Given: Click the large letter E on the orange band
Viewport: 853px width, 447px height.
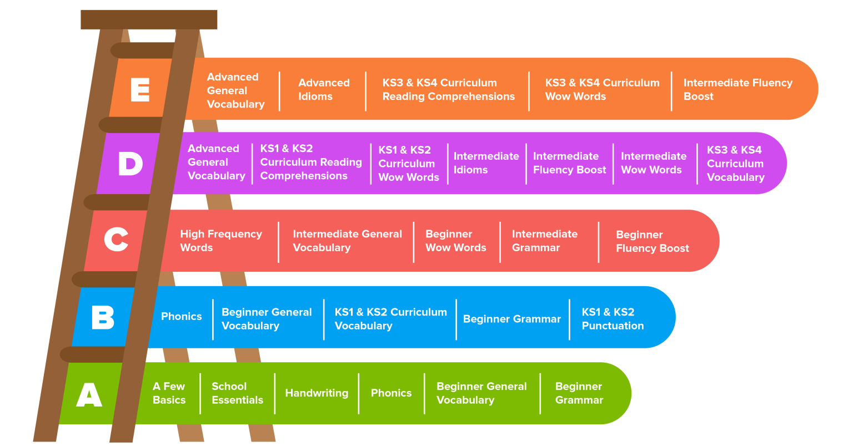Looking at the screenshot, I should pyautogui.click(x=140, y=90).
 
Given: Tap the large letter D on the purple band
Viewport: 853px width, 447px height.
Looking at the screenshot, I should pyautogui.click(x=131, y=164).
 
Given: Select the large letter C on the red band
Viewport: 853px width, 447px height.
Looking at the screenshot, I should pyautogui.click(x=116, y=241).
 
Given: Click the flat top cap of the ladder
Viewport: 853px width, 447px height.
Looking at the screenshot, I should pyautogui.click(x=149, y=19).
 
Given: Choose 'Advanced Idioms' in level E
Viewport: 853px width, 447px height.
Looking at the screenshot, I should pyautogui.click(x=324, y=90).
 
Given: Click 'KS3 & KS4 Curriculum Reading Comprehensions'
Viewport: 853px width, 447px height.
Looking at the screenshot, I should pyautogui.click(x=448, y=90).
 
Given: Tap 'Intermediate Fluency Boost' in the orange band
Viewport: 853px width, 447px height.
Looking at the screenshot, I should pyautogui.click(x=737, y=90).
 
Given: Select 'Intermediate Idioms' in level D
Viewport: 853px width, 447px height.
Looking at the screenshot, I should pyautogui.click(x=486, y=163).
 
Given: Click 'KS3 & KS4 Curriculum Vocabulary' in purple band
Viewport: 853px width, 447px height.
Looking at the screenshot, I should pyautogui.click(x=735, y=164).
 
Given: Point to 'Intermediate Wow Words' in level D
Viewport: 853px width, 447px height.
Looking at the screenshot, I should pyautogui.click(x=654, y=163).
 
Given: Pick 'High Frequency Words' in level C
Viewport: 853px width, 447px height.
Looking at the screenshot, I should pyautogui.click(x=220, y=241).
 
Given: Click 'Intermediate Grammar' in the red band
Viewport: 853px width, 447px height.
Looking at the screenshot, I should pyautogui.click(x=544, y=241).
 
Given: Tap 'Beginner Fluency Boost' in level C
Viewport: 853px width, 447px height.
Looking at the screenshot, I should pyautogui.click(x=652, y=241).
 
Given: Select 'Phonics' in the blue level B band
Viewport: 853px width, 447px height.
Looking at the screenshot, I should pyautogui.click(x=181, y=317).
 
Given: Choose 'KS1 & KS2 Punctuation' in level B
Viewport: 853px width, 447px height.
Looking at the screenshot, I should pyautogui.click(x=613, y=319).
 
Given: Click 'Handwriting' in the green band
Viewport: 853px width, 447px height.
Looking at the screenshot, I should pyautogui.click(x=317, y=393).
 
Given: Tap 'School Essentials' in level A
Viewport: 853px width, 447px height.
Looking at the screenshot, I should pyautogui.click(x=237, y=393).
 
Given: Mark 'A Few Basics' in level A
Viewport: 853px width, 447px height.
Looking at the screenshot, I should pyautogui.click(x=169, y=393).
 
